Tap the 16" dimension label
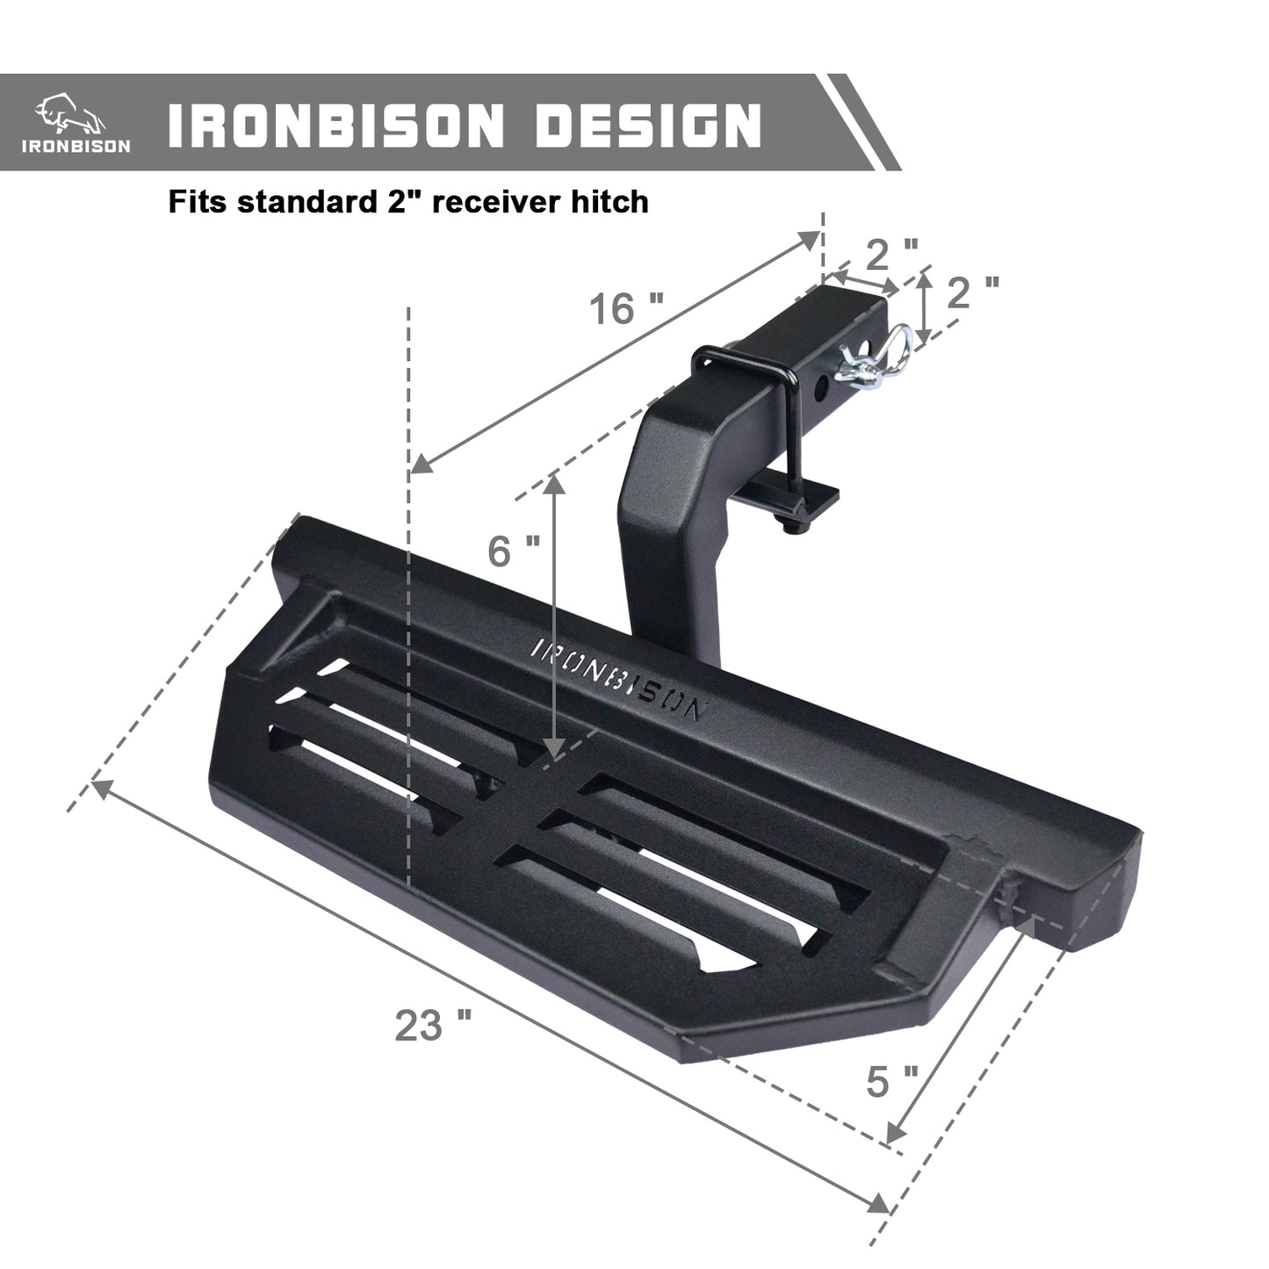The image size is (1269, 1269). pos(625,309)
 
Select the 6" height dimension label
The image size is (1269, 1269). pos(514,551)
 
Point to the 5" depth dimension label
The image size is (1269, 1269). pos(892,1081)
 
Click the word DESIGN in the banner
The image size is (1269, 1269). pos(648,125)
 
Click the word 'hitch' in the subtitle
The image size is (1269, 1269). pos(615,202)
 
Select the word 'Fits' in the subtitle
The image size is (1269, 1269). pos(198,202)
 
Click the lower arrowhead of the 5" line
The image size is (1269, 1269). pos(895,1132)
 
